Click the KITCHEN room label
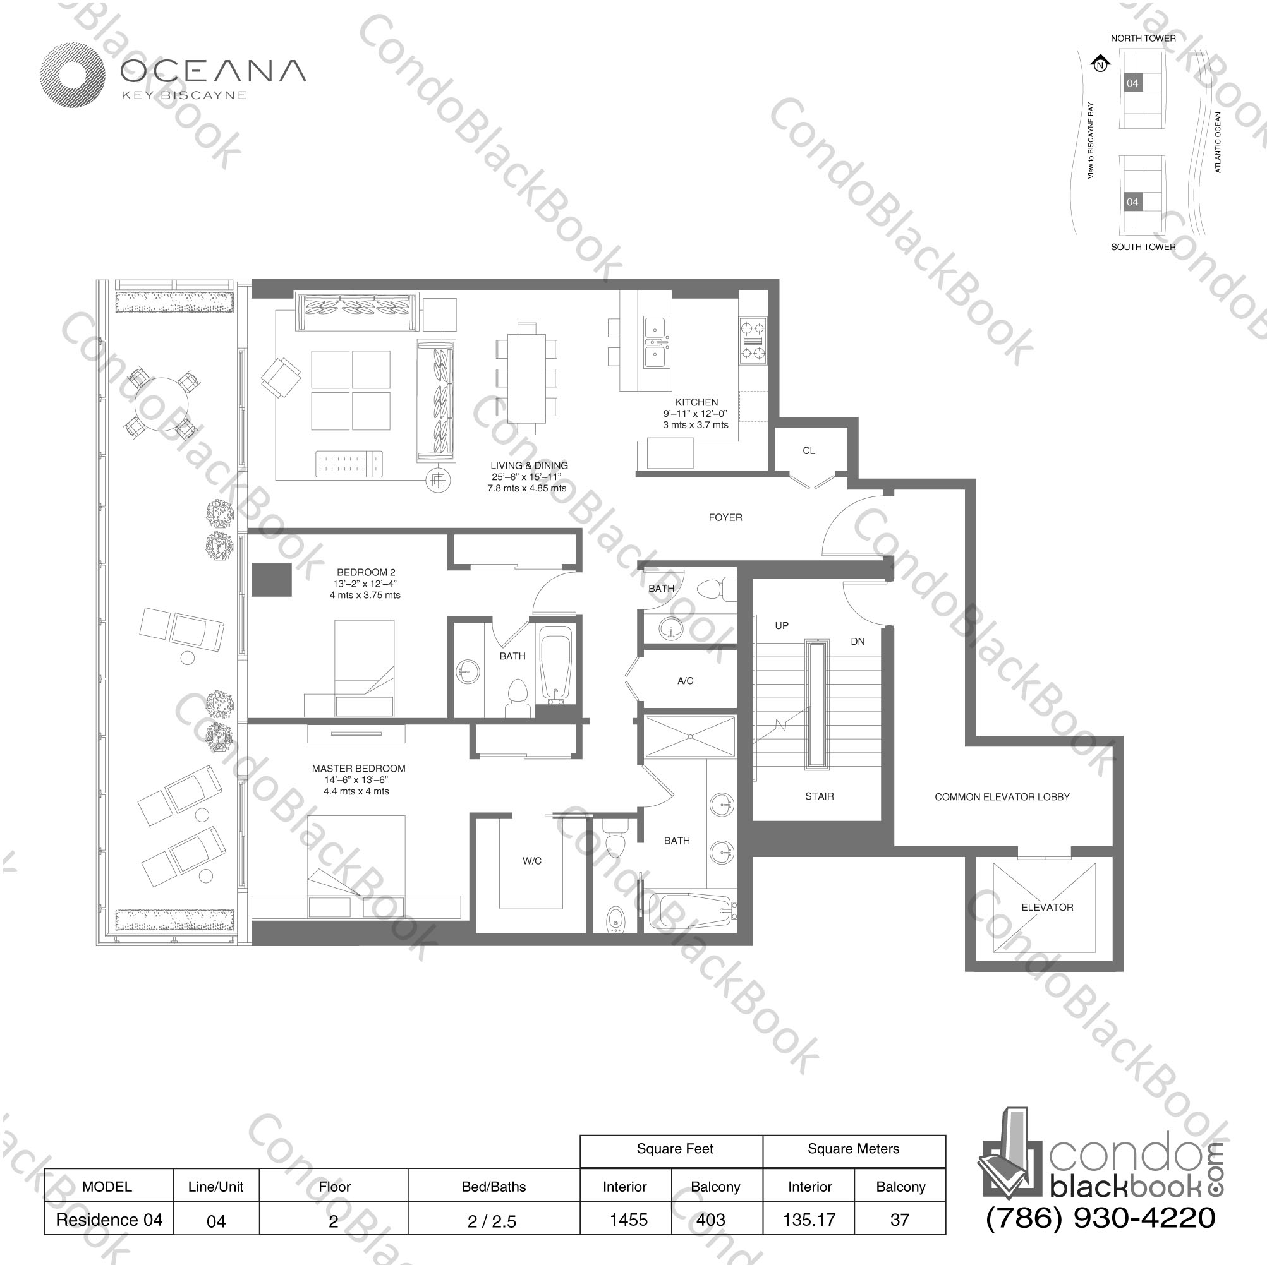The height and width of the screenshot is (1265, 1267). click(x=696, y=402)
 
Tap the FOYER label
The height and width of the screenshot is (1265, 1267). click(x=725, y=517)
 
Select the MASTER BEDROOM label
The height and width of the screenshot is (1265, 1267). click(x=359, y=768)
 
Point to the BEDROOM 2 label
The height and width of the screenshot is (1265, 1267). click(x=366, y=572)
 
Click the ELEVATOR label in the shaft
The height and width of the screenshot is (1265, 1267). click(x=1047, y=907)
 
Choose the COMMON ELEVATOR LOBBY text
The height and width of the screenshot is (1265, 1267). click(x=1002, y=797)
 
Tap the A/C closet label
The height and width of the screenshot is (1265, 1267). click(x=685, y=681)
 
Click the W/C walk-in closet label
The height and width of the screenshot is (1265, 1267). click(x=532, y=861)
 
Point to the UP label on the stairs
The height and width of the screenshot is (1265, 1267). click(x=782, y=626)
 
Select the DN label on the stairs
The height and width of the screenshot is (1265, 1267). click(x=858, y=642)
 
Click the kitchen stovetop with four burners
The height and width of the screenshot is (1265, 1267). click(x=753, y=341)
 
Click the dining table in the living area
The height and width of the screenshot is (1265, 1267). click(x=526, y=378)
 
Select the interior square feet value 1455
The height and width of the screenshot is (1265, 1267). click(x=628, y=1220)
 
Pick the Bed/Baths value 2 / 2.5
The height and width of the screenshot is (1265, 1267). click(x=492, y=1221)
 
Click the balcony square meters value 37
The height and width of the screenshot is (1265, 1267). click(x=900, y=1220)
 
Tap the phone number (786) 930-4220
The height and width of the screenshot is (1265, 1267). click(x=1100, y=1217)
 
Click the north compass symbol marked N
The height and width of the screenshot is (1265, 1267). click(x=1100, y=64)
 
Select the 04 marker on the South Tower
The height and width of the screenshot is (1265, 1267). click(x=1132, y=202)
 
